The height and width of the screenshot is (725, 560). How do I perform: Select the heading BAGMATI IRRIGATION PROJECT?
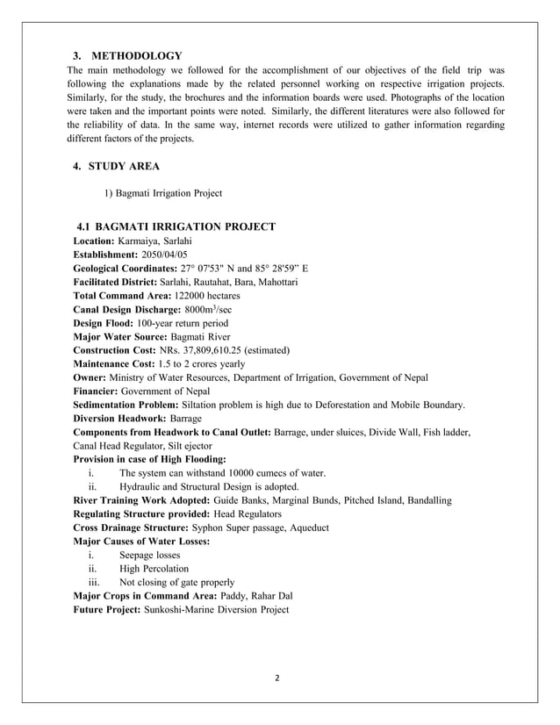coord(189,226)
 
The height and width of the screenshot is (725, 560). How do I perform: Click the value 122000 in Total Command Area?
coord(196,297)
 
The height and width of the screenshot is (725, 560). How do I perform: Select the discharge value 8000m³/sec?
coord(215,310)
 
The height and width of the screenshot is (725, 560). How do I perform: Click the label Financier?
coord(100,391)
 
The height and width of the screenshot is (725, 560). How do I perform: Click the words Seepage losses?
coord(149,555)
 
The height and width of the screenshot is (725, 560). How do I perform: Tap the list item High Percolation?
coord(154,568)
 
